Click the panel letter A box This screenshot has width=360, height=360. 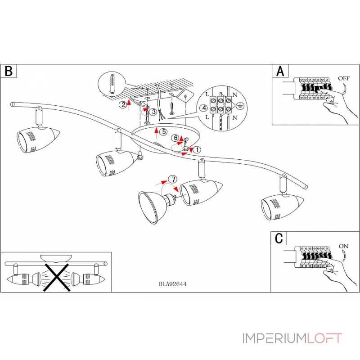pyautogui.click(x=280, y=71)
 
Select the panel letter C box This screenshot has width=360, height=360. pyautogui.click(x=279, y=238)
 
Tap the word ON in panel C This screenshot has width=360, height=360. pyautogui.click(x=343, y=246)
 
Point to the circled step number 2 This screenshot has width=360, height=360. pyautogui.click(x=123, y=105)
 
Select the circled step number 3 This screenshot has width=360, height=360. pyautogui.click(x=153, y=111)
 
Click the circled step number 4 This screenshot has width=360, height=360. pyautogui.click(x=204, y=108)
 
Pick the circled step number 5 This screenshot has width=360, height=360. pyautogui.click(x=164, y=132)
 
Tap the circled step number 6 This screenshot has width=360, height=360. pyautogui.click(x=175, y=138)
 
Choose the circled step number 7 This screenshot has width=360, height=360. pyautogui.click(x=171, y=179)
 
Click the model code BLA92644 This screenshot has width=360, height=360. pyautogui.click(x=173, y=284)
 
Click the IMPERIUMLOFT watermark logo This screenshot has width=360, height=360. pyautogui.click(x=292, y=338)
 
